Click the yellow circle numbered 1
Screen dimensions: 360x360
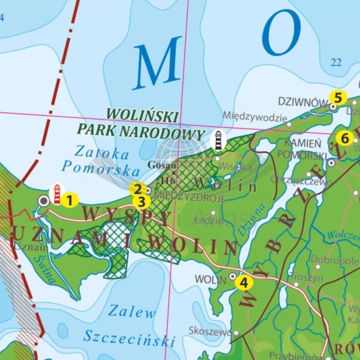(x=69, y=200)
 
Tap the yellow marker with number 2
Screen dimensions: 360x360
(x=135, y=189)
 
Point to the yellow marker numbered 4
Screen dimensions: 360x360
(x=244, y=282)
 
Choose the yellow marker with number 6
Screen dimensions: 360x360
(x=344, y=138)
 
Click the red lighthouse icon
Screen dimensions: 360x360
(x=56, y=193)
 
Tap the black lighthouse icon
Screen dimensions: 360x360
(x=217, y=140)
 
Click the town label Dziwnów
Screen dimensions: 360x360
(x=303, y=102)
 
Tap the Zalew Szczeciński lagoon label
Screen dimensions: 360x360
(x=130, y=325)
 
